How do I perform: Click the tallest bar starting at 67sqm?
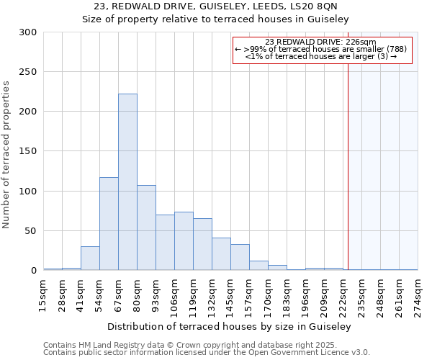pyautogui.click(x=127, y=182)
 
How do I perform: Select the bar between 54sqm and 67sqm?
pyautogui.click(x=109, y=224)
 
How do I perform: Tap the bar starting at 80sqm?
pyautogui.click(x=146, y=228)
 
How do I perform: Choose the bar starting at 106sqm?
pyautogui.click(x=184, y=241)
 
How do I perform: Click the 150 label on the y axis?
pyautogui.click(x=28, y=152)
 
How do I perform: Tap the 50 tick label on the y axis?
pyautogui.click(x=31, y=231)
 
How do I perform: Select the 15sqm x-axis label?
pyautogui.click(x=44, y=295)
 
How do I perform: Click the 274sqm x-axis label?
pyautogui.click(x=418, y=295)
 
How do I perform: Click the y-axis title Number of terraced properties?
pyautogui.click(x=6, y=155)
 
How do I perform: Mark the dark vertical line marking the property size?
pyautogui.click(x=348, y=166)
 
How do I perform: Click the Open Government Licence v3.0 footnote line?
pyautogui.click(x=207, y=353)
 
